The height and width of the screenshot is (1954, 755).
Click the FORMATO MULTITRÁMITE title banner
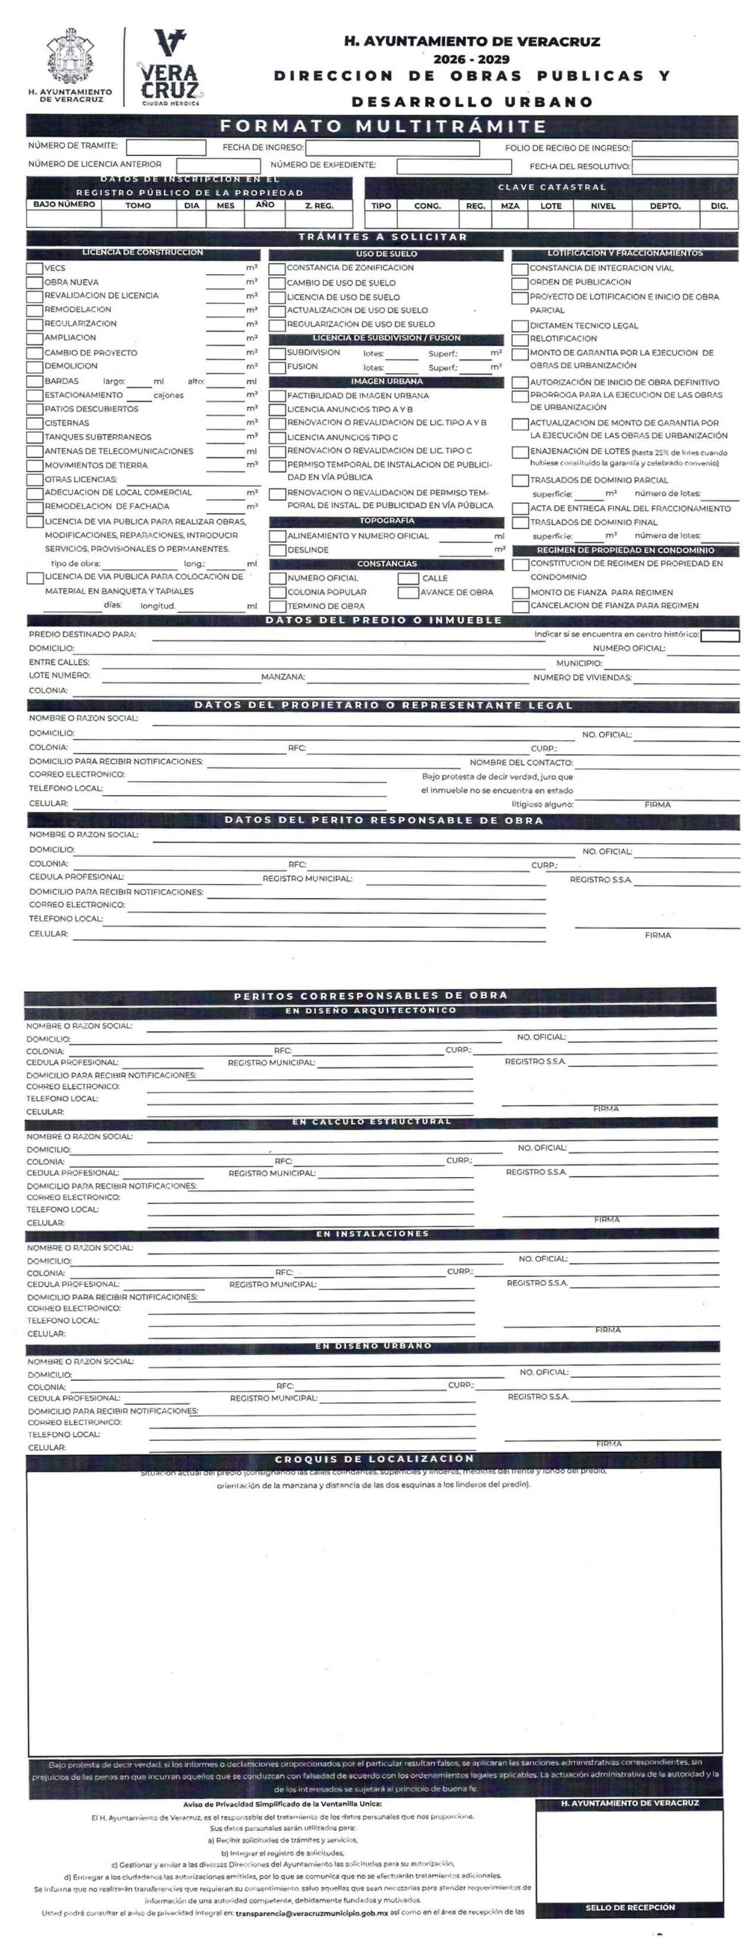coord(382,126)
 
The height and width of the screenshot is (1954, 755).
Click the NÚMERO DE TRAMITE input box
coord(165,147)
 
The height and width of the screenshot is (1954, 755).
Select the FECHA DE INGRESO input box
coord(391,148)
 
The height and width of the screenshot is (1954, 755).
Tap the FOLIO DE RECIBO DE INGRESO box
coord(685,149)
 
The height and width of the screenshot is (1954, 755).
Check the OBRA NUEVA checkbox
coord(34,282)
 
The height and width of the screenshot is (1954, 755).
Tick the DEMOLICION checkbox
coord(34,367)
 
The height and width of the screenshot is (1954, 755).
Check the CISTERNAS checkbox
coord(34,423)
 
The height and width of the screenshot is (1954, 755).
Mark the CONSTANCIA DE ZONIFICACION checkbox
coord(277,268)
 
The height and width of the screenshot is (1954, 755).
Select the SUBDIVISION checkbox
coord(277,353)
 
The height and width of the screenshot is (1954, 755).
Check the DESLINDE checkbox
coord(277,550)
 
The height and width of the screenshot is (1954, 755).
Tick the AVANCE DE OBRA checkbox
coord(408,593)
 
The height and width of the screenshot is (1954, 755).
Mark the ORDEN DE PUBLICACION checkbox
coord(520,283)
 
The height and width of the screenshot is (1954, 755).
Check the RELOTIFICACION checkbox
coord(520,339)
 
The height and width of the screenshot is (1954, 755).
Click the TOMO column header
coord(138,205)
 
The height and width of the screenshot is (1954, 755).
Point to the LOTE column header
coord(551,206)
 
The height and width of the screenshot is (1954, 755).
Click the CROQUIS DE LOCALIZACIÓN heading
coord(374,1458)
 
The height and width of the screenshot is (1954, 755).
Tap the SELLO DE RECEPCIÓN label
coord(630,1907)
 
